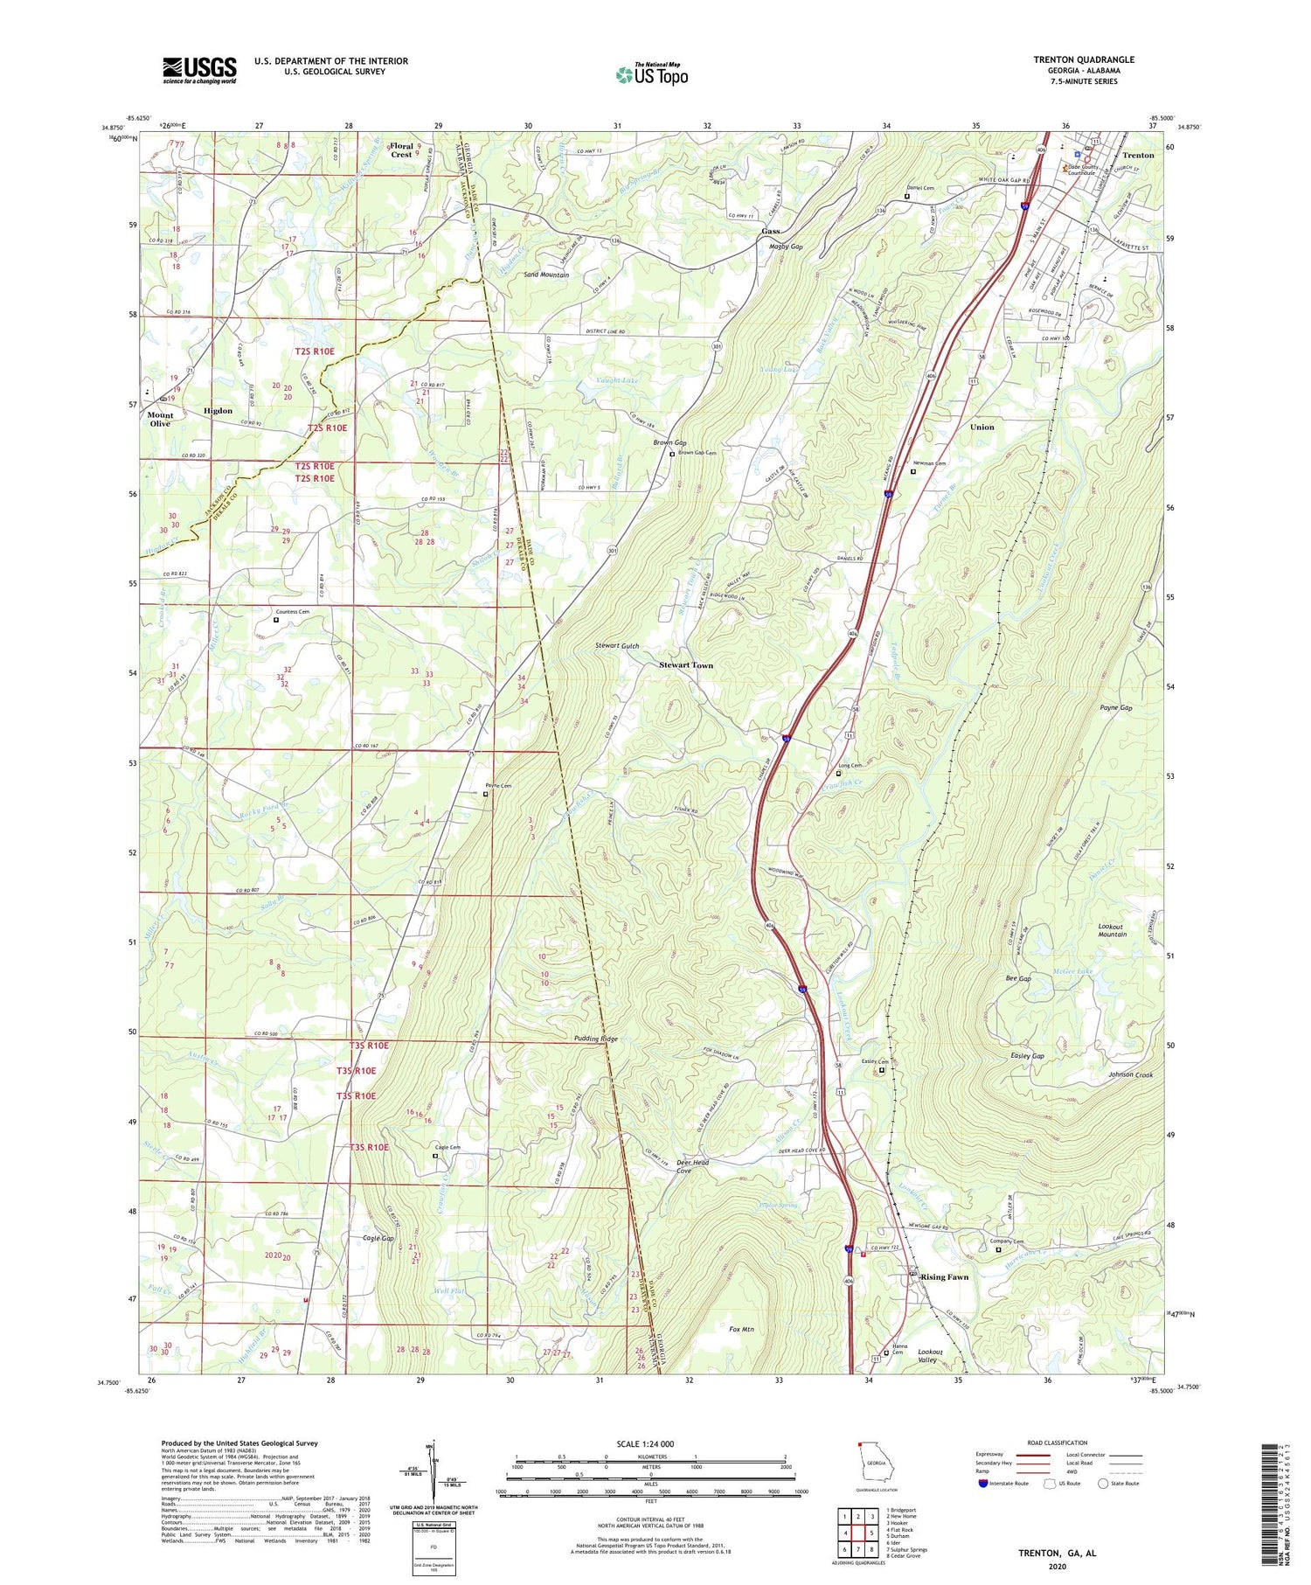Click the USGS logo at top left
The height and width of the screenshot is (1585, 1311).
[199, 70]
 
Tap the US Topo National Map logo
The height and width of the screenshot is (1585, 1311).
[651, 74]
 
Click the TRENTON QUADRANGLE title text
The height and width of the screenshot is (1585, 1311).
[1084, 59]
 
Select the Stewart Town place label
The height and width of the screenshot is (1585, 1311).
[685, 665]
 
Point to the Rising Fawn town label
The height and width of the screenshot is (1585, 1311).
[944, 1277]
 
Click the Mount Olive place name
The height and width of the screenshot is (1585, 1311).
[160, 419]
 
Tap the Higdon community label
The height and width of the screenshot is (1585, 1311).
[218, 411]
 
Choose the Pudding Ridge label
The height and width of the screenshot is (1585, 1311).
[596, 1039]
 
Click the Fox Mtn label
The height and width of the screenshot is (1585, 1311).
[741, 1329]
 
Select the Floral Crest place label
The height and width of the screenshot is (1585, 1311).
[401, 150]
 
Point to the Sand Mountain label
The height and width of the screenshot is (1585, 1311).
[546, 275]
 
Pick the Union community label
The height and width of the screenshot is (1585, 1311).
[982, 427]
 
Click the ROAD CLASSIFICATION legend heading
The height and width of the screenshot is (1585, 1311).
[1057, 1442]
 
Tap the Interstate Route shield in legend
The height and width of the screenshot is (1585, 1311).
[982, 1484]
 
